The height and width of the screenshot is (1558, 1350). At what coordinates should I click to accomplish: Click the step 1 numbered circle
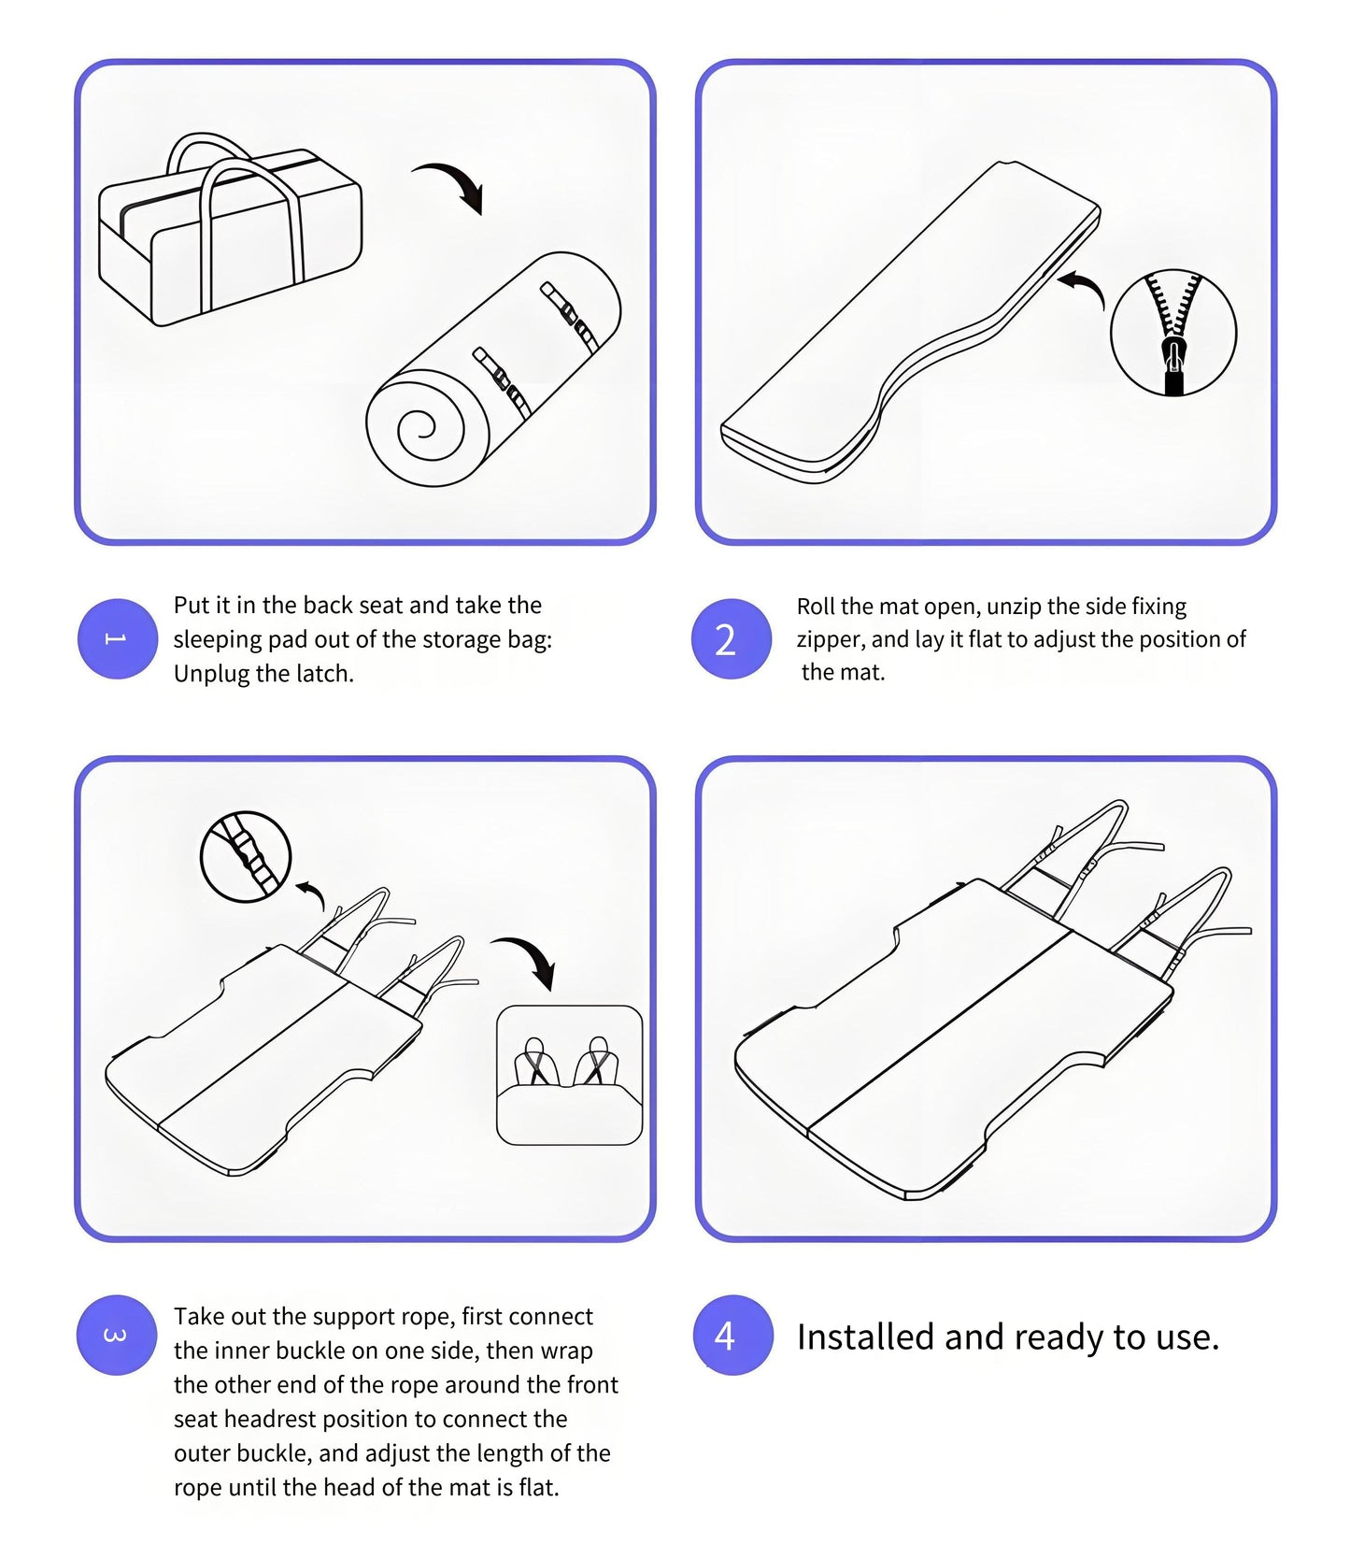[117, 638]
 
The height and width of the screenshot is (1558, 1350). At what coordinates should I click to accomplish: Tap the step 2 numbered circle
[731, 639]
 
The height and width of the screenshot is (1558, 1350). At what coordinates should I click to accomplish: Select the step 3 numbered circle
[116, 1335]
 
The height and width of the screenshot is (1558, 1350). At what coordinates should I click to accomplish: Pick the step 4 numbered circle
[732, 1335]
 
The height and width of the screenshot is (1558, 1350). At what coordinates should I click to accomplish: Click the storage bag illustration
[229, 234]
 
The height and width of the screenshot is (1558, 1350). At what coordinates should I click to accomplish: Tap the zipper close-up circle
[1172, 333]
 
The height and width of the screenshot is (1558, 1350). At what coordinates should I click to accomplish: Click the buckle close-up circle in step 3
[246, 856]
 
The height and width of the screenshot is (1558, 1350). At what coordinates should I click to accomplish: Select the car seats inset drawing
[569, 1075]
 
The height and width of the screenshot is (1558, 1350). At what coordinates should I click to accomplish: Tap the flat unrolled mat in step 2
[911, 322]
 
